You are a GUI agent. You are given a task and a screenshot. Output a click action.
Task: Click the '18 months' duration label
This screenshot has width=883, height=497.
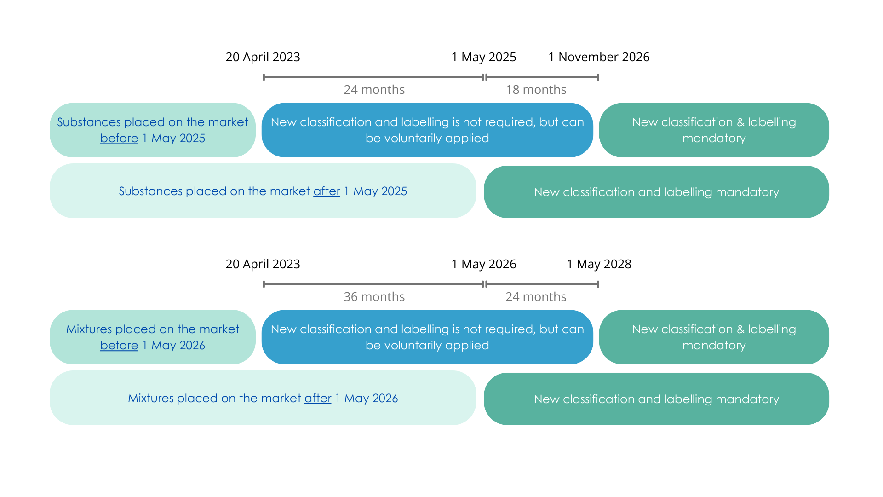pyautogui.click(x=536, y=90)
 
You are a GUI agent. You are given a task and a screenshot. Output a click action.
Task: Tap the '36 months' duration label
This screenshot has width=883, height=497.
pyautogui.click(x=374, y=297)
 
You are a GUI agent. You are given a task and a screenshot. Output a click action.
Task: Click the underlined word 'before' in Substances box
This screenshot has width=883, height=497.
pyautogui.click(x=119, y=139)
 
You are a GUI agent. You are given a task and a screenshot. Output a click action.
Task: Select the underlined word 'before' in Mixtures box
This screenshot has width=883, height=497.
pyautogui.click(x=119, y=346)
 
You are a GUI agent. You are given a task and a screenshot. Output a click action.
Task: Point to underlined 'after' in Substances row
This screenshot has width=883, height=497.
pyautogui.click(x=327, y=191)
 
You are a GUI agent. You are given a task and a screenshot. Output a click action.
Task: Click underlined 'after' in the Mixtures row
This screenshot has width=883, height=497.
pyautogui.click(x=318, y=399)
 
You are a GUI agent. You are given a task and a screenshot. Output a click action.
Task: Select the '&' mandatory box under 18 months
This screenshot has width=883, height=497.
pyautogui.click(x=714, y=130)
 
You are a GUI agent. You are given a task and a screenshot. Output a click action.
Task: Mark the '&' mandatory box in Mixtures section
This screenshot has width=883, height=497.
pyautogui.click(x=714, y=337)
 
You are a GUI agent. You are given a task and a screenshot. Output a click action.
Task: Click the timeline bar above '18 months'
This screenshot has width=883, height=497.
pyautogui.click(x=542, y=77)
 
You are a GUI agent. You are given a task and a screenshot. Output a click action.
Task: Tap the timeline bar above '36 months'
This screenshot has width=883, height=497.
pyautogui.click(x=373, y=284)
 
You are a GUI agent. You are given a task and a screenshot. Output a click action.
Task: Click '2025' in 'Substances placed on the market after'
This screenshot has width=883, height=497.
pyautogui.click(x=394, y=191)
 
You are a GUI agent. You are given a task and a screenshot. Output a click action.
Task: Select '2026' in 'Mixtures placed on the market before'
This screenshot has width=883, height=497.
pyautogui.click(x=192, y=346)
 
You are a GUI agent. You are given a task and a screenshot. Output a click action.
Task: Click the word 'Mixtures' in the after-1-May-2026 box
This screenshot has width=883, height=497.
pyautogui.click(x=150, y=399)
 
